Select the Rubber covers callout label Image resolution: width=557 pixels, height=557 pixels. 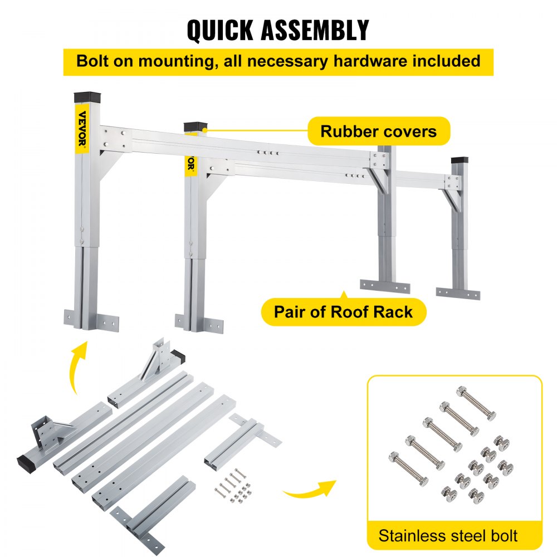pos(378,131)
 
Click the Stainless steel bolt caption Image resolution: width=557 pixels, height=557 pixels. pos(448,536)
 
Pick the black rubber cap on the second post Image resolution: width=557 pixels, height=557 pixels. pos(194,127)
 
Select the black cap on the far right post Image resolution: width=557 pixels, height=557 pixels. pos(460,159)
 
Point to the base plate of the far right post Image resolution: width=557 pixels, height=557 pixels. pos(458,293)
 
